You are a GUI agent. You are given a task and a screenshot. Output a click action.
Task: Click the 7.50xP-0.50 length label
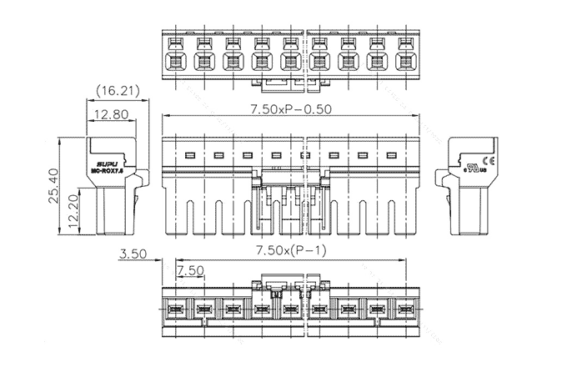click(289, 110)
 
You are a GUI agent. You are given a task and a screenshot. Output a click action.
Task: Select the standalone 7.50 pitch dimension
click(191, 271)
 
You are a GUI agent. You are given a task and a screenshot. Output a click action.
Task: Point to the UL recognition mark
click(475, 163)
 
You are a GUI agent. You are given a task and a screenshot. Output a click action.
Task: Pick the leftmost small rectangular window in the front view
click(189, 156)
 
